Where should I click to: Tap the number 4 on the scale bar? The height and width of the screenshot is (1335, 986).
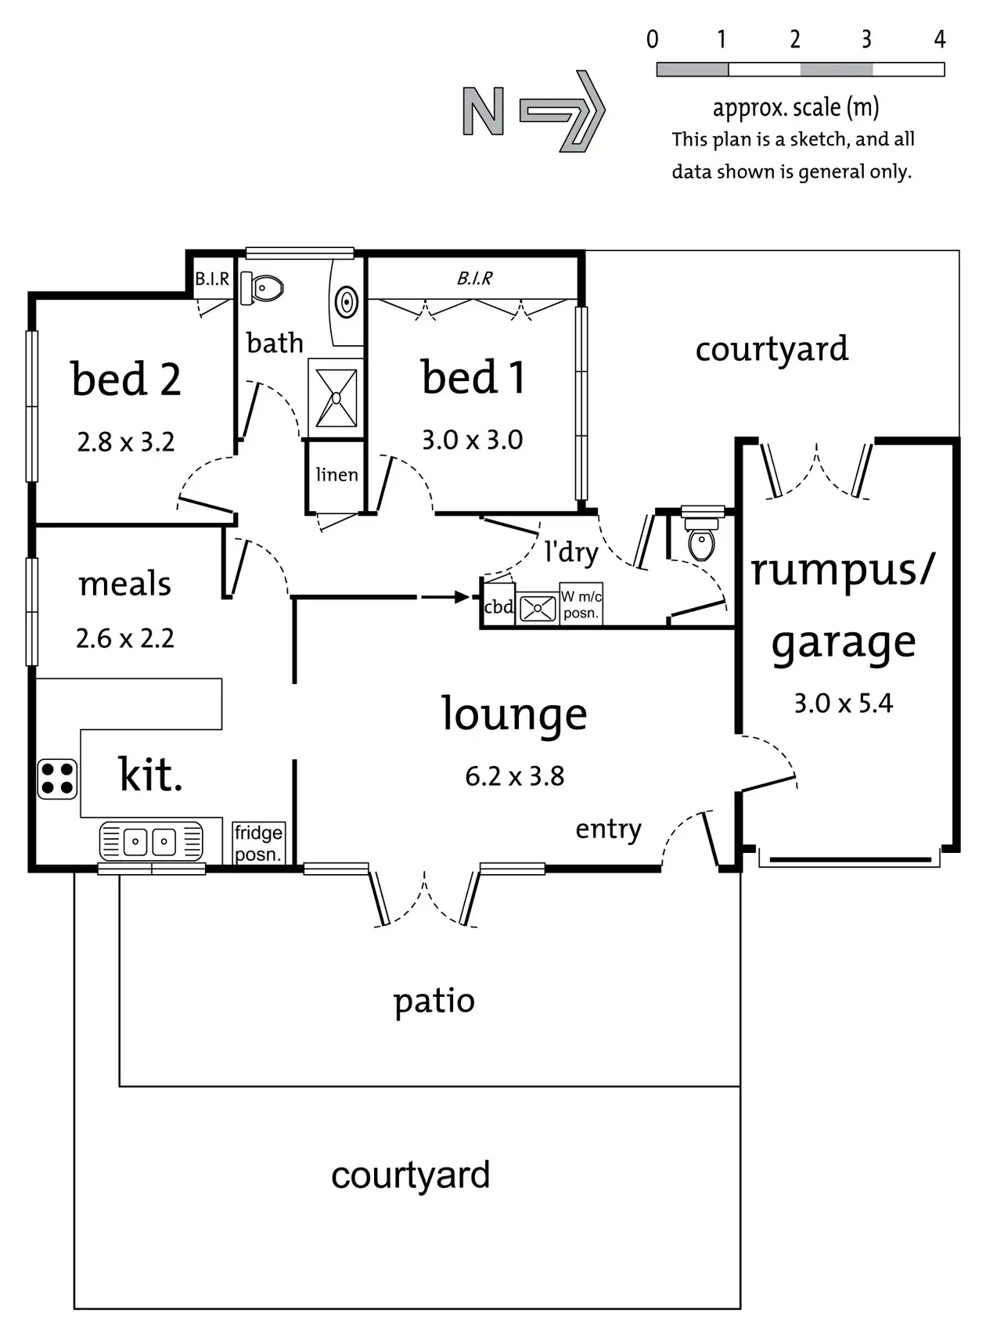[x=940, y=39]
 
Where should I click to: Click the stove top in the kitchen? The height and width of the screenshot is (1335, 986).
[x=57, y=779]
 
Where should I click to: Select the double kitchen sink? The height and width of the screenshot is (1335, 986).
[x=150, y=842]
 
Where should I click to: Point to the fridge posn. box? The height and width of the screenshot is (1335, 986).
[x=258, y=843]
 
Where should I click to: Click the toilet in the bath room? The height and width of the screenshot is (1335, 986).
[x=261, y=288]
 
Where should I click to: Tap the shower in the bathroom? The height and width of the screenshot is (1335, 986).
[x=336, y=398]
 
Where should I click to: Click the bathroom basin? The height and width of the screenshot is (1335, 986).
[x=347, y=301]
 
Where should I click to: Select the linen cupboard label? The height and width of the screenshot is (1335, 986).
[x=336, y=474]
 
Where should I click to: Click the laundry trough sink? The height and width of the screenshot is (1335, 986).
[x=538, y=608]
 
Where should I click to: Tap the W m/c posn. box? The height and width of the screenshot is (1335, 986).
[x=581, y=604]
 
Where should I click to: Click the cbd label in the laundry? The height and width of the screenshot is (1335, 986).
[x=498, y=607]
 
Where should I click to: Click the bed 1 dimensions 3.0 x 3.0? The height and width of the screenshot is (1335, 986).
[x=472, y=440]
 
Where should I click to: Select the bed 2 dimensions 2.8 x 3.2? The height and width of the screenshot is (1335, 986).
[x=125, y=442]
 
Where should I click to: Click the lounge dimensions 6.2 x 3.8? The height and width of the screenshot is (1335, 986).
[x=514, y=776]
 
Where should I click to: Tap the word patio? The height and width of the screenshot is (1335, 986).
[x=434, y=1001]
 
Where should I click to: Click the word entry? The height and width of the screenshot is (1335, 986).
[x=608, y=829]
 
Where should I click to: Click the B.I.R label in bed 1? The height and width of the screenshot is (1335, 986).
[x=474, y=279]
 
